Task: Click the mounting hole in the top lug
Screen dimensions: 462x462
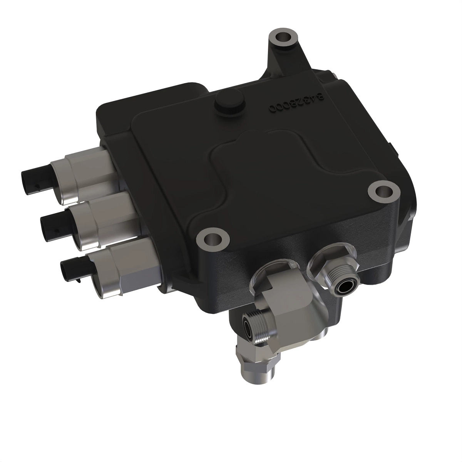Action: [284, 38]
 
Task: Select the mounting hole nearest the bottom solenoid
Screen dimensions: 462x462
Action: [210, 240]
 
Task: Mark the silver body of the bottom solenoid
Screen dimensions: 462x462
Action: [119, 266]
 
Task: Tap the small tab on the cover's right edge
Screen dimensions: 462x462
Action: [391, 148]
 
